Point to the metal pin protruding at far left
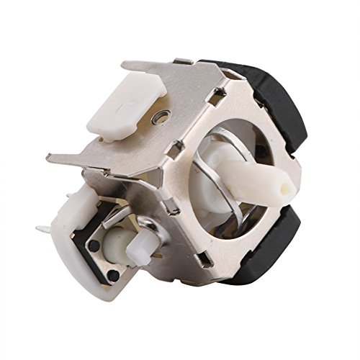pos(43,229)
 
